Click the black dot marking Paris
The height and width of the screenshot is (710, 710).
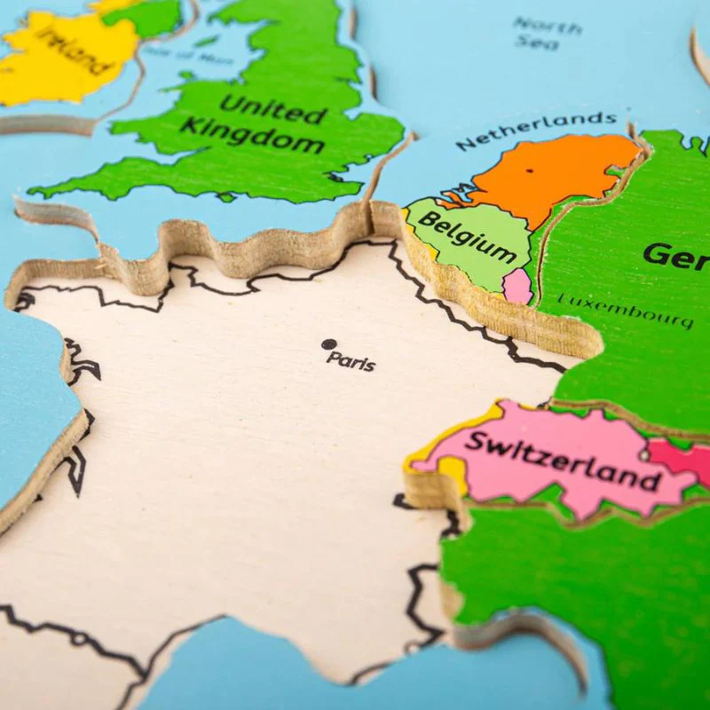329,344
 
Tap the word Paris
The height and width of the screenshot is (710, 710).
351,361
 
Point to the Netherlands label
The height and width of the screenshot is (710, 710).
536,130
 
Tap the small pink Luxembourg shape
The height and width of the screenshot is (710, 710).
517,286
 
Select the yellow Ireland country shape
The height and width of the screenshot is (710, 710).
53,67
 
